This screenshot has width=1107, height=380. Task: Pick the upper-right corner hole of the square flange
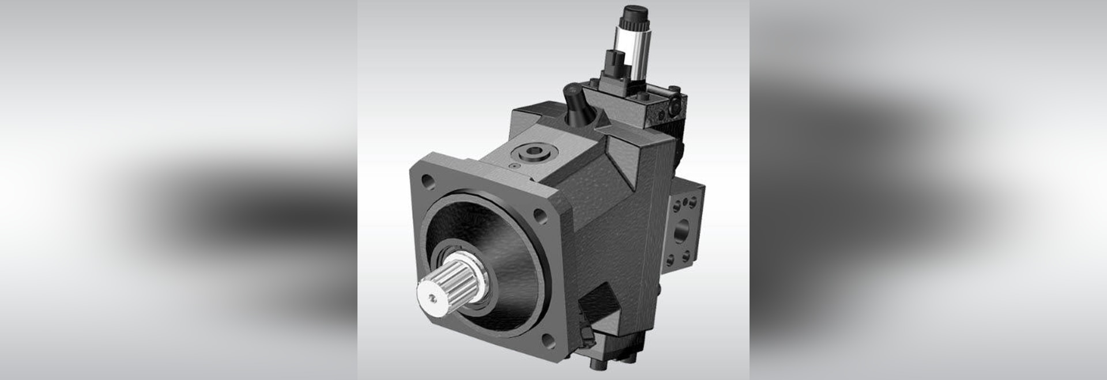coord(541,216)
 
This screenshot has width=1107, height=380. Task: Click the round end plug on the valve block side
coord(676,107)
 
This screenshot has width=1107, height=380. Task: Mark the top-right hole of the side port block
coord(695,203)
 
